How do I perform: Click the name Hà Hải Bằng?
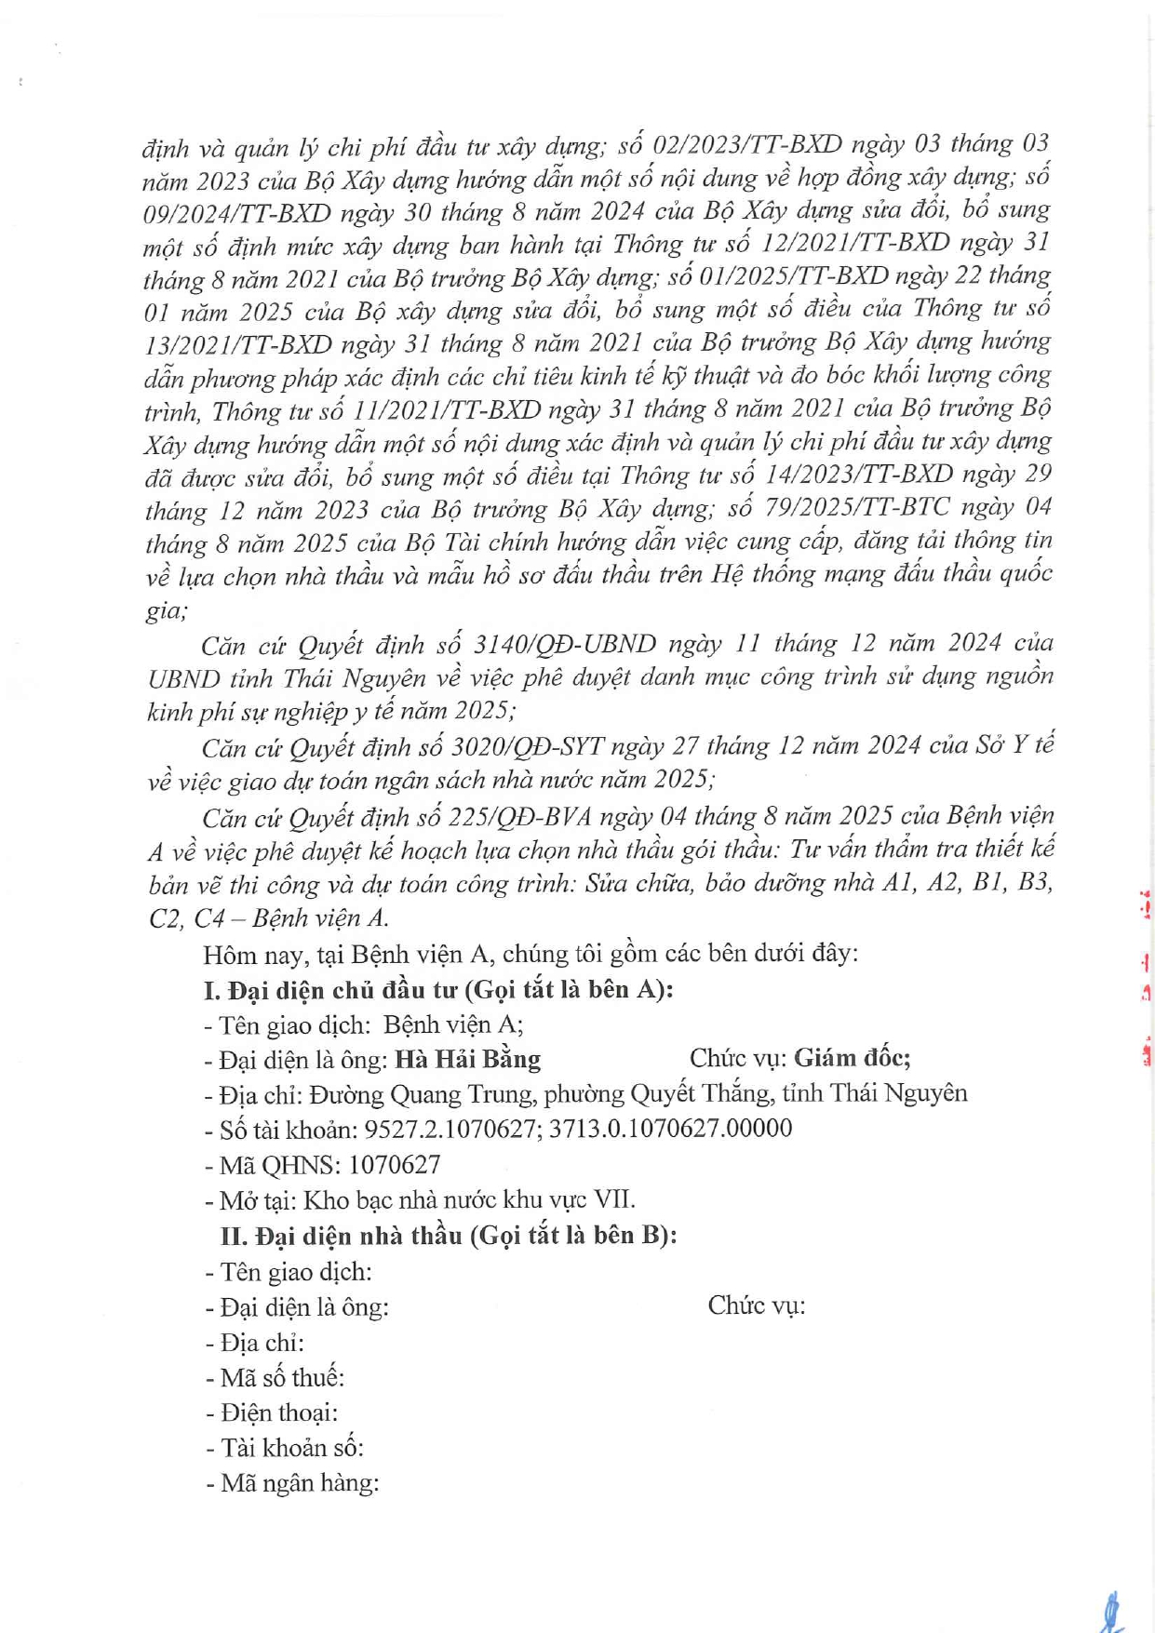click(467, 1059)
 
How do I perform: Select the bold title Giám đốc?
click(852, 1057)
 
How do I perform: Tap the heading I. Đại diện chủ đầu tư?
click(437, 988)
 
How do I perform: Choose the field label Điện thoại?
click(278, 1412)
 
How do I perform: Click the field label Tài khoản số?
click(291, 1448)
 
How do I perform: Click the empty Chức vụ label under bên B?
click(756, 1305)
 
